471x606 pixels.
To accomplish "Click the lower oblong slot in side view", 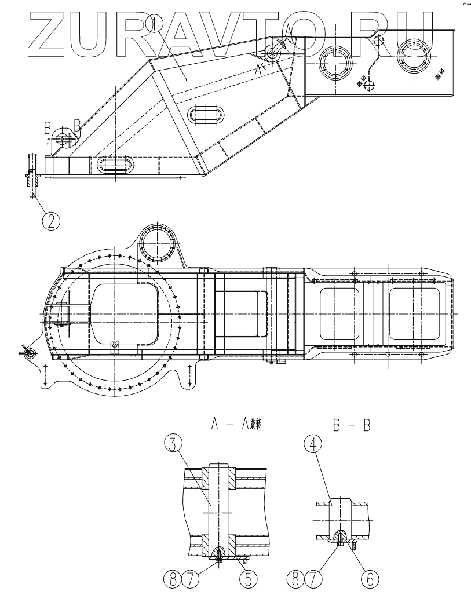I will point(116,165).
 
